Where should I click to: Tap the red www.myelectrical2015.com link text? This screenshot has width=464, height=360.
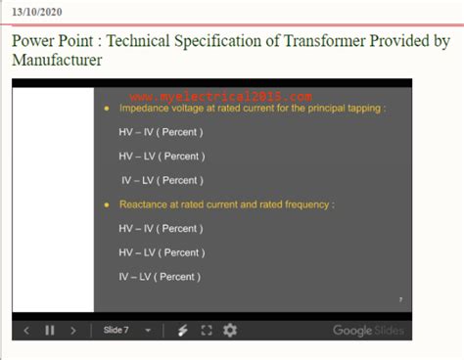[x=220, y=97]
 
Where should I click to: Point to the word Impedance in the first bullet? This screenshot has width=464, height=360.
[x=144, y=110]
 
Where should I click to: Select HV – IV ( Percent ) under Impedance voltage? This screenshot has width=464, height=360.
[x=161, y=133]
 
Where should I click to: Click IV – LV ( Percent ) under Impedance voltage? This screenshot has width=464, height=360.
[x=162, y=180]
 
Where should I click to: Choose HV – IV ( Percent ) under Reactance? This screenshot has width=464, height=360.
[x=161, y=229]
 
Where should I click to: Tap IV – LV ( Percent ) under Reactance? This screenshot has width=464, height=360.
[x=160, y=276]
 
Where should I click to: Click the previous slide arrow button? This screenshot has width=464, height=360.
[x=26, y=331]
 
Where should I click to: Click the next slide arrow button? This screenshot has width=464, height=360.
[x=73, y=331]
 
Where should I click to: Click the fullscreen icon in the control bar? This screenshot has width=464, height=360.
[x=207, y=331]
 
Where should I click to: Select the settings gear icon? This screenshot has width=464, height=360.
[x=230, y=331]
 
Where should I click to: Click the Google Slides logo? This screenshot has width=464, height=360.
[x=367, y=331]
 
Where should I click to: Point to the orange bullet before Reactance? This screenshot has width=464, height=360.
[x=107, y=205]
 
